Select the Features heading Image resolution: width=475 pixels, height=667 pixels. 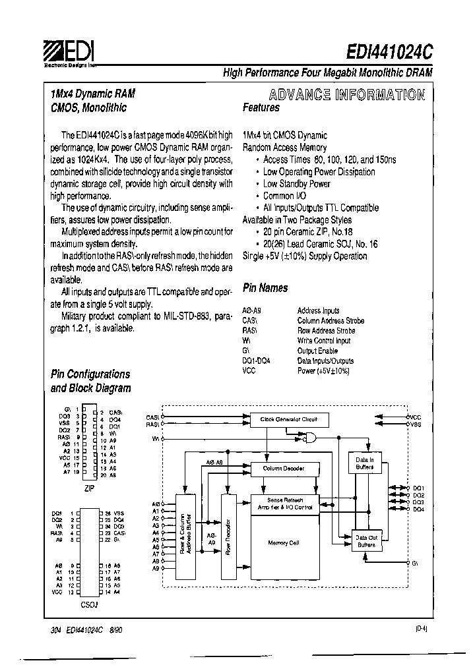coord(261,107)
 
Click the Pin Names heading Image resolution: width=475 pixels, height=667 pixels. coord(265,287)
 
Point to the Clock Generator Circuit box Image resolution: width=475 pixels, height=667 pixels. coord(288,419)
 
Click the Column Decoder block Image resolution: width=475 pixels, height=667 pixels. coord(283,469)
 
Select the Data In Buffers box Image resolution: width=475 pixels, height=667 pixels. coord(365,463)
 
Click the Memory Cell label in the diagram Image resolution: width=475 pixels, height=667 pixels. coord(283,543)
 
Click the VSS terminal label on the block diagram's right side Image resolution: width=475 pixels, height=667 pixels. coord(415,425)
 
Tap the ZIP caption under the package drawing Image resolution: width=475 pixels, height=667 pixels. coord(90,488)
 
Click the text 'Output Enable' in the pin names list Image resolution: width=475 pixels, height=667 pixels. coord(317,351)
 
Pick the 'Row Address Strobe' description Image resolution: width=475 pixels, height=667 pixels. coord(326,331)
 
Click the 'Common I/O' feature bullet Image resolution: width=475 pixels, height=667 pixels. coord(284,196)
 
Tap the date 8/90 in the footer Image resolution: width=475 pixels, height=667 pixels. coord(115,630)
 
